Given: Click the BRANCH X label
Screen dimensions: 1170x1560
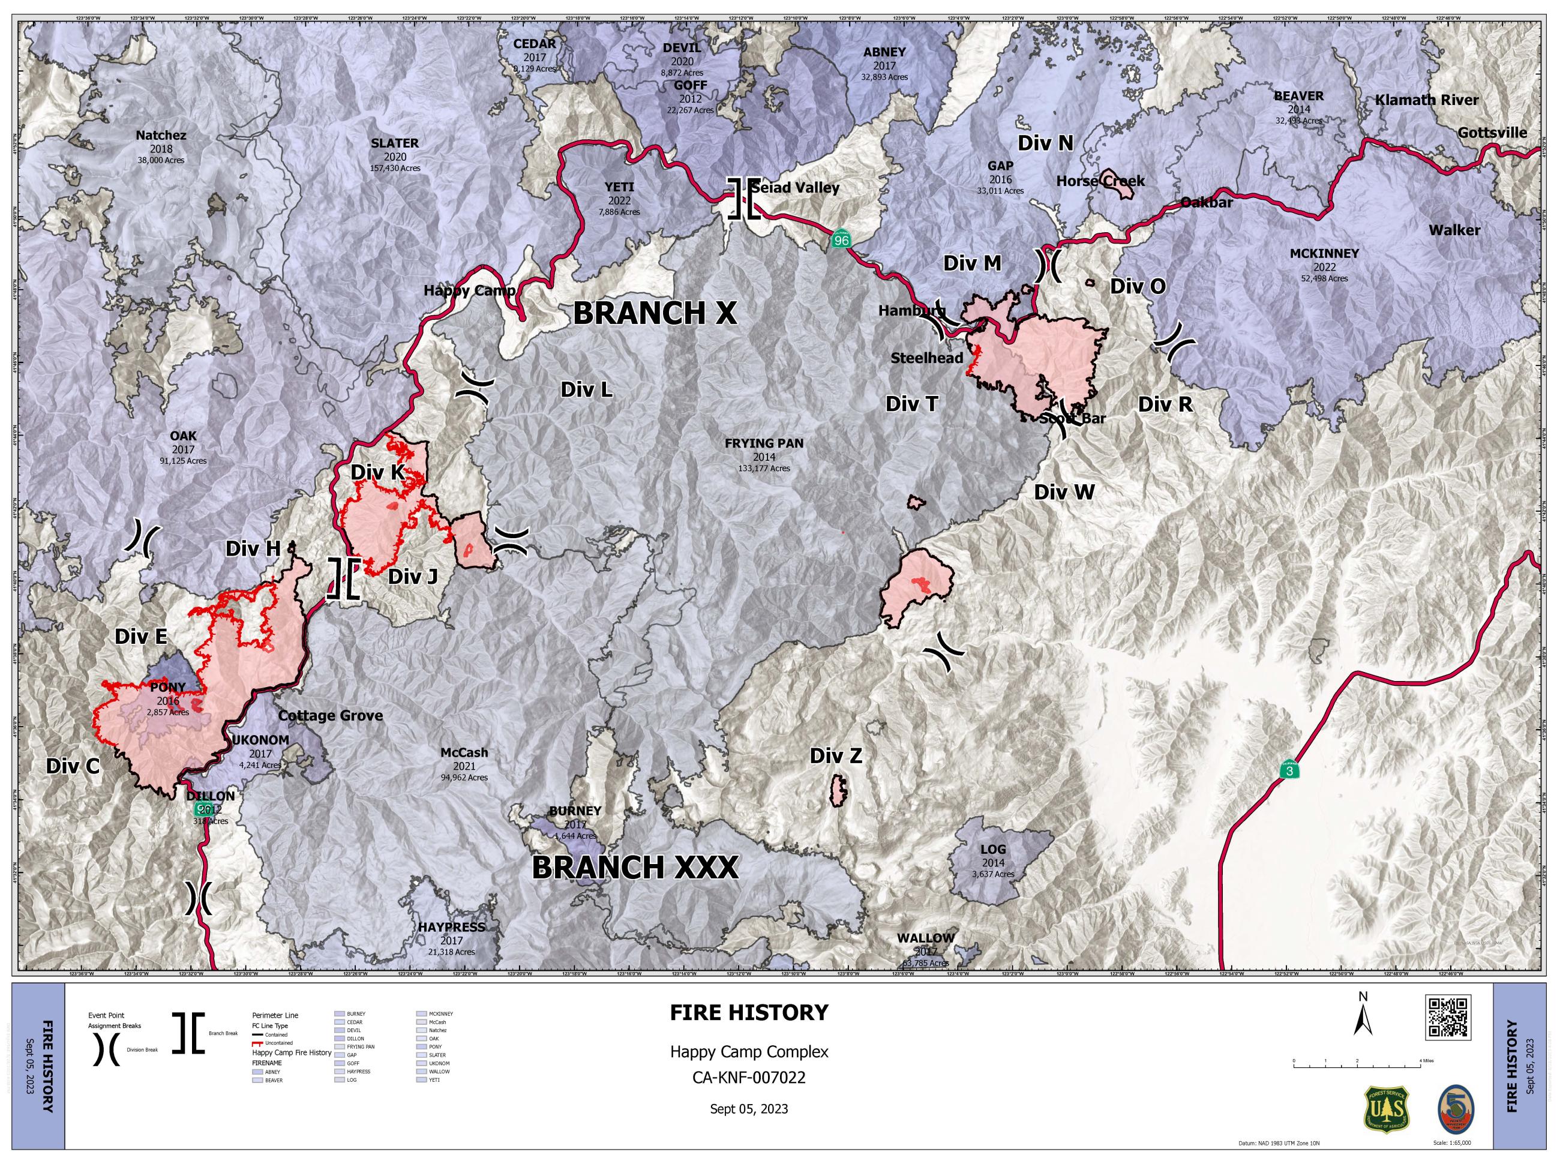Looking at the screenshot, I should pyautogui.click(x=655, y=313).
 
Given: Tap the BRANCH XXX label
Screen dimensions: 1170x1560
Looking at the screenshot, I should pyautogui.click(x=635, y=868).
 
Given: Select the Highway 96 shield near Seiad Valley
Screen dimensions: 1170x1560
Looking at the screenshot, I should pyautogui.click(x=841, y=240).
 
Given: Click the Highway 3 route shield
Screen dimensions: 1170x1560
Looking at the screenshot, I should pyautogui.click(x=1290, y=771).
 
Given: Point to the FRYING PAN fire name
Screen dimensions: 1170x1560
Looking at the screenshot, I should pyautogui.click(x=764, y=443).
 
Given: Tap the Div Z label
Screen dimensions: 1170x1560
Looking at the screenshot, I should pyautogui.click(x=836, y=756).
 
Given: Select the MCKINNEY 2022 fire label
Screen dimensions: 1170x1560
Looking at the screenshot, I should pyautogui.click(x=1324, y=253).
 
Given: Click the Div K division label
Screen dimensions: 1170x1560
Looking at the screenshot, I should pyautogui.click(x=377, y=473).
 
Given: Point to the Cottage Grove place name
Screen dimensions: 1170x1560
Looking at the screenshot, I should pyautogui.click(x=330, y=715).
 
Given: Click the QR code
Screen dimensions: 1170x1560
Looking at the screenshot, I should pyautogui.click(x=1447, y=1017).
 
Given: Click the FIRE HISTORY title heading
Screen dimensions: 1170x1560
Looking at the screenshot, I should pyautogui.click(x=749, y=1013).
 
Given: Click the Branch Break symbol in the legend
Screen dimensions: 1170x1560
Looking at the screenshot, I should pyautogui.click(x=188, y=1033).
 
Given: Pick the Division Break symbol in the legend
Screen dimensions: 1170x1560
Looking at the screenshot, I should pyautogui.click(x=106, y=1050).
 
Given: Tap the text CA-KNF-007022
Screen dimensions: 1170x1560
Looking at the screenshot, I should pyautogui.click(x=749, y=1078).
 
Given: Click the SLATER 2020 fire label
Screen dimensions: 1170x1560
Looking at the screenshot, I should pyautogui.click(x=394, y=143).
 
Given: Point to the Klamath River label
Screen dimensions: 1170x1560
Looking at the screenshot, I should pyautogui.click(x=1426, y=100).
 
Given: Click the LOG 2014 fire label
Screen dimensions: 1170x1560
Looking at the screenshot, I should pyautogui.click(x=992, y=850).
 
